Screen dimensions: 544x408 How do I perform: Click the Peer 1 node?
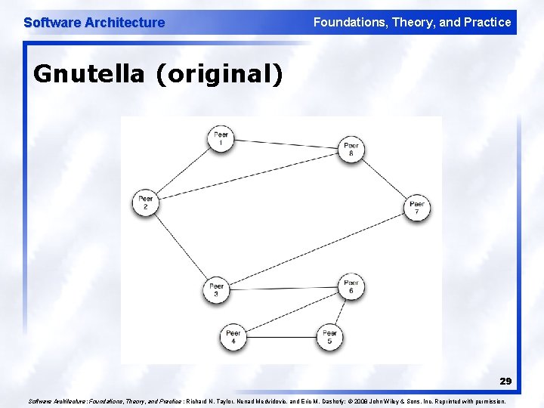221,139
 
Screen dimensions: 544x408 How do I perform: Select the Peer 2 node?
145,202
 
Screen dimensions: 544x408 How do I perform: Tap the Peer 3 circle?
217,290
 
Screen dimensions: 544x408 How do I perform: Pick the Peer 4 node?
233,336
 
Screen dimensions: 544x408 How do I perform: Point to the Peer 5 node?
329,336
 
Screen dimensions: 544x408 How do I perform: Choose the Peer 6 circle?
351,286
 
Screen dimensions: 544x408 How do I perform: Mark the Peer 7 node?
416,208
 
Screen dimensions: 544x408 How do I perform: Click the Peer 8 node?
351,148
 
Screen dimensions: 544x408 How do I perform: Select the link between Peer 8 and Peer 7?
384,178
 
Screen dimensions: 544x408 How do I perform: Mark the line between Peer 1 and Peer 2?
183,171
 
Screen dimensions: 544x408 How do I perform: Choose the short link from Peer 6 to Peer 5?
340,311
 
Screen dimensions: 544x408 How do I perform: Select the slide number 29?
505,382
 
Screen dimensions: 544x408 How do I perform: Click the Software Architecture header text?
94,23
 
